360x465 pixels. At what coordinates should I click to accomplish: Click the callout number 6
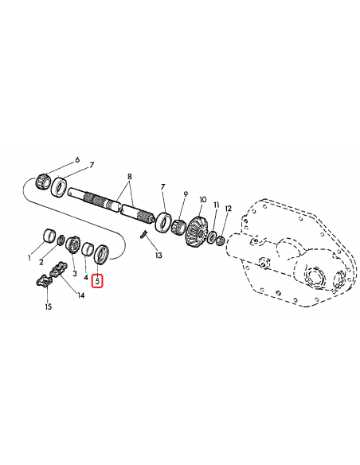[x=77, y=160]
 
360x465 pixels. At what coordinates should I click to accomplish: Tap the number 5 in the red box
[x=98, y=280]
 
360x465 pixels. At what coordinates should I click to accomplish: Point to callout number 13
[x=158, y=256]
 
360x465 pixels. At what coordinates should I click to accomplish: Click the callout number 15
[x=48, y=307]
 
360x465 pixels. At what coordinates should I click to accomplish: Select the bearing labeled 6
[x=45, y=177]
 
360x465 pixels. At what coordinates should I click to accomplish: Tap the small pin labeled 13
[x=143, y=235]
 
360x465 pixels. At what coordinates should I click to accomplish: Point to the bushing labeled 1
[x=49, y=236]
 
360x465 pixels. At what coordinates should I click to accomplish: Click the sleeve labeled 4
[x=88, y=251]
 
